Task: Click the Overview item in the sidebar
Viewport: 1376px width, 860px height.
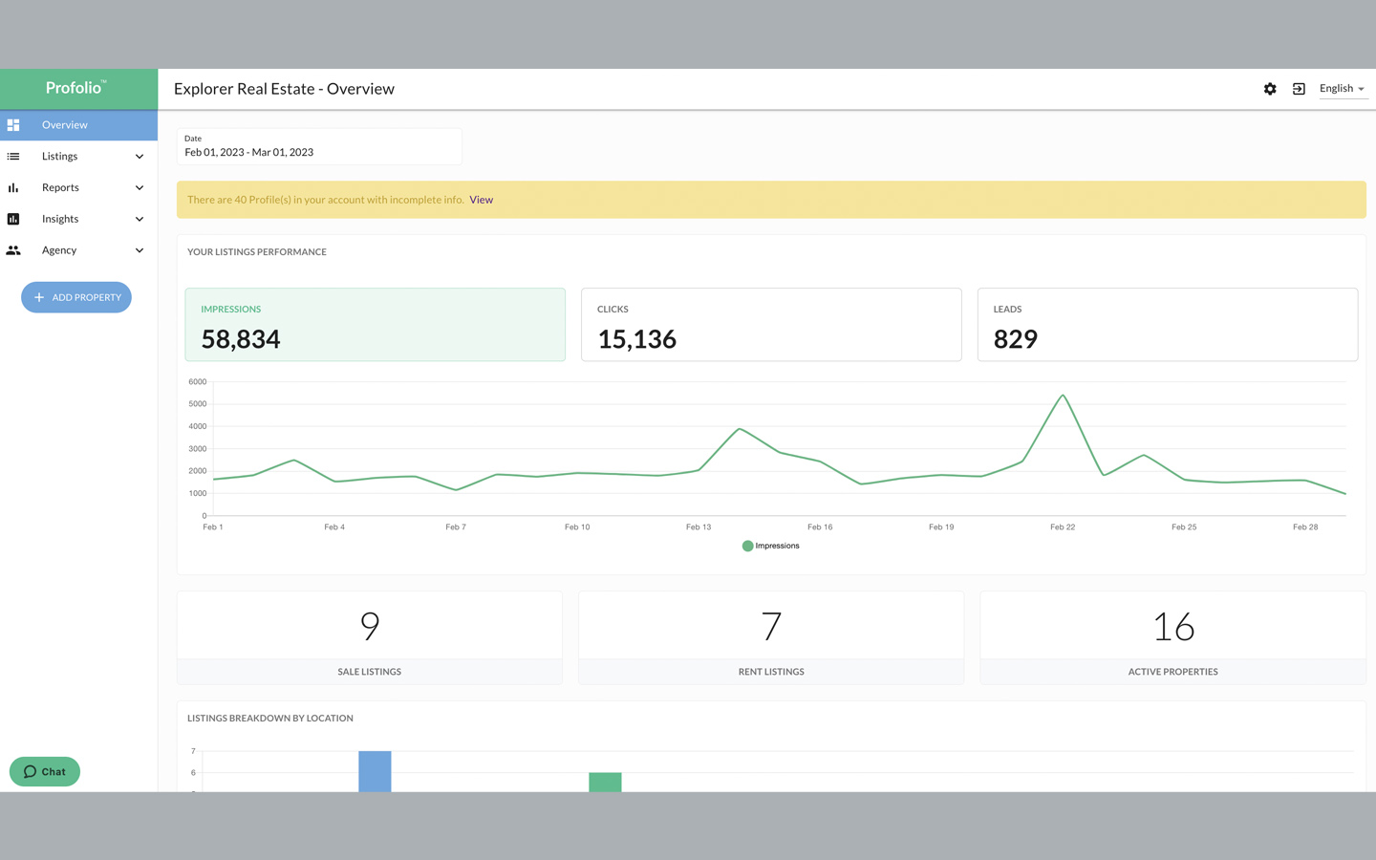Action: click(64, 125)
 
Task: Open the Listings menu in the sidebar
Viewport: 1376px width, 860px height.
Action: click(60, 157)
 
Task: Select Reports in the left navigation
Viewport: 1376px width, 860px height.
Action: click(60, 188)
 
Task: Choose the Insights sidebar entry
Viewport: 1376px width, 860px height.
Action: click(60, 219)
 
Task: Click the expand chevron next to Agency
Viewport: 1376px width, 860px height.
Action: click(140, 250)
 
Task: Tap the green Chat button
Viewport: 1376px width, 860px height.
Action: click(45, 771)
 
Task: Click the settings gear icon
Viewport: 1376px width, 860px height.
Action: click(1270, 89)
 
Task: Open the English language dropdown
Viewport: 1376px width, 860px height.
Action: click(1342, 89)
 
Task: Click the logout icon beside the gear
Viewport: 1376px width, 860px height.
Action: click(1299, 89)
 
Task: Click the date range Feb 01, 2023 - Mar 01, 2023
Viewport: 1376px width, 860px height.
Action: click(249, 152)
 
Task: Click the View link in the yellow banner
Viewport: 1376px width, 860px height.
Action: click(481, 200)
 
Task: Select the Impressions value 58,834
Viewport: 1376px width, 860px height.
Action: click(241, 339)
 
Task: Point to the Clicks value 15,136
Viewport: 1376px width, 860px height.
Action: click(636, 339)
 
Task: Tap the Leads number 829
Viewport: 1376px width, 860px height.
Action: click(1015, 339)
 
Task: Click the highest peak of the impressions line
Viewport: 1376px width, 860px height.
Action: click(1063, 396)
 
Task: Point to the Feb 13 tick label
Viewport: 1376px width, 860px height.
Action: click(699, 527)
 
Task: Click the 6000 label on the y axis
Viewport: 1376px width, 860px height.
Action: click(197, 381)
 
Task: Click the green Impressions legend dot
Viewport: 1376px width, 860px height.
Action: click(747, 546)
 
